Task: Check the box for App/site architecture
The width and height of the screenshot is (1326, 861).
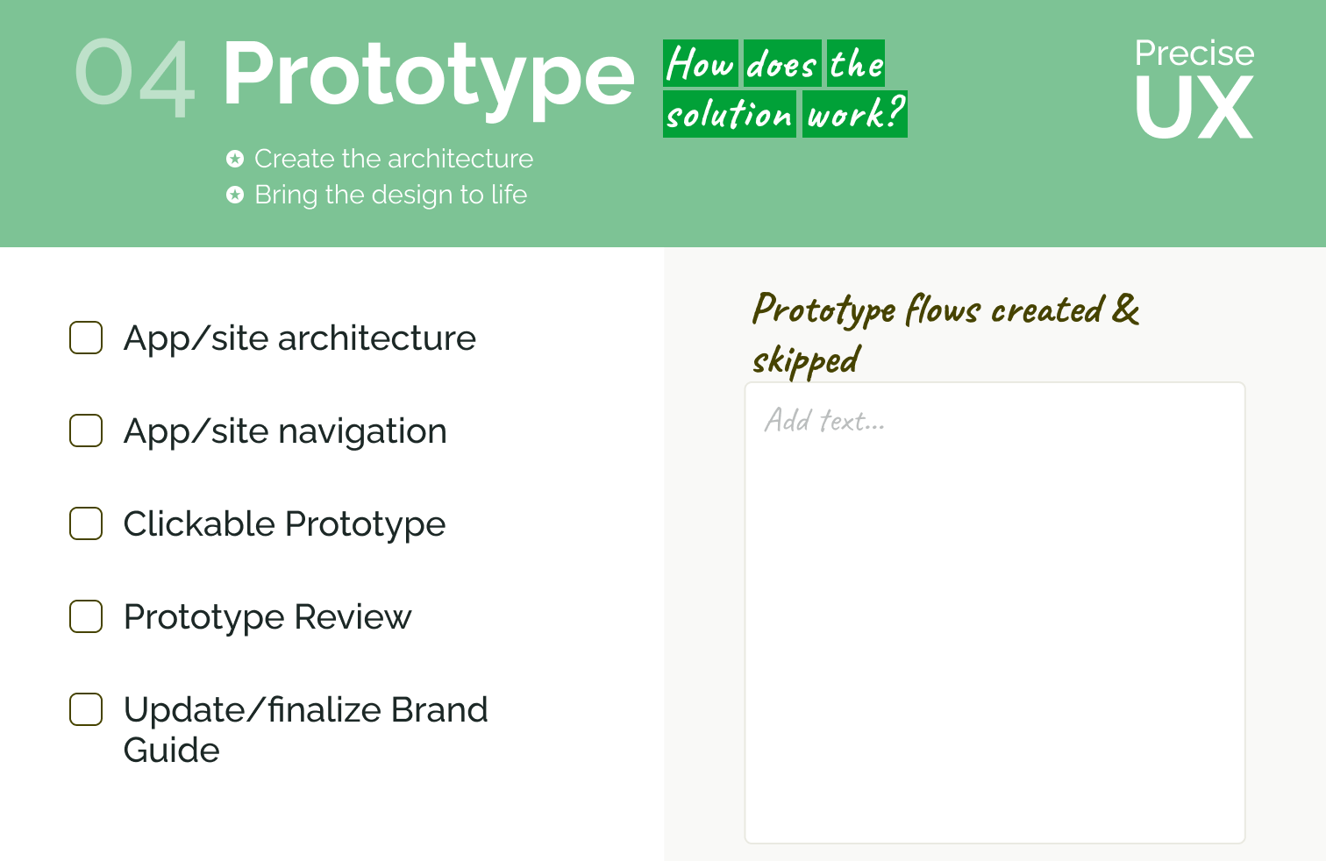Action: click(x=86, y=338)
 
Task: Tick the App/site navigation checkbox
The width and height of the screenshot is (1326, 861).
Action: click(x=86, y=430)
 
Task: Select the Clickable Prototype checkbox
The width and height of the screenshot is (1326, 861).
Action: click(x=86, y=523)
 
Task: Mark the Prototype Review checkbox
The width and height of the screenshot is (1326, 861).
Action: click(x=86, y=616)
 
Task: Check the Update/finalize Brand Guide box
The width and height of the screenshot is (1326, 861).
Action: click(x=86, y=709)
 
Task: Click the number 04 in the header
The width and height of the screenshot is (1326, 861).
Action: click(x=135, y=77)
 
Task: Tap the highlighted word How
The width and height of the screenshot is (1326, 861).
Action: click(x=701, y=63)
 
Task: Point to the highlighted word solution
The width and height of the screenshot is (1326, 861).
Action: click(x=730, y=114)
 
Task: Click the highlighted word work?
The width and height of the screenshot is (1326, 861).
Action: click(x=855, y=114)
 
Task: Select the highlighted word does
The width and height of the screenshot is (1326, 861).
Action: click(x=782, y=63)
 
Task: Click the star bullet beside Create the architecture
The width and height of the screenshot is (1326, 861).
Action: click(x=235, y=159)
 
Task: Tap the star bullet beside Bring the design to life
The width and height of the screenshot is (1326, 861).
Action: click(x=235, y=195)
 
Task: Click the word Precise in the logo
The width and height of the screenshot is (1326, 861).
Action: click(x=1194, y=53)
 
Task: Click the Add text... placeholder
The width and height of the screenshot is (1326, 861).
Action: click(x=824, y=421)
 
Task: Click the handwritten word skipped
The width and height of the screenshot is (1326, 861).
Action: click(x=806, y=360)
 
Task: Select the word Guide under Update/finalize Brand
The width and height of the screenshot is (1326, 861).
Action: click(x=172, y=750)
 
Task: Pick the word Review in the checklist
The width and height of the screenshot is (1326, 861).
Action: click(x=353, y=617)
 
